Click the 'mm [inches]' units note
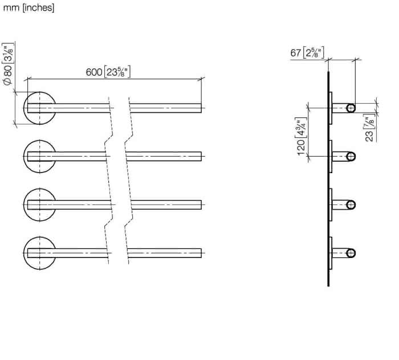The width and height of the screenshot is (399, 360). (x=28, y=8)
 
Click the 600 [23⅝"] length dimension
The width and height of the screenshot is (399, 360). (x=108, y=72)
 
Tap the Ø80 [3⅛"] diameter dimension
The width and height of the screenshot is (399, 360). (x=8, y=64)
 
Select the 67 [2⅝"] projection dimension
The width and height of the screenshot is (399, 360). (x=307, y=53)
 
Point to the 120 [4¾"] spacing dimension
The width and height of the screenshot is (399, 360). (x=301, y=137)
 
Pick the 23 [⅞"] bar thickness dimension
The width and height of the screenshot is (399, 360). (x=370, y=128)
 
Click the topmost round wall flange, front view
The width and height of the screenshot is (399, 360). (x=39, y=108)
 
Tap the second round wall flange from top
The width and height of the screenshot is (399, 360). (x=39, y=156)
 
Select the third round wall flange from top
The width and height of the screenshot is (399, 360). (x=39, y=204)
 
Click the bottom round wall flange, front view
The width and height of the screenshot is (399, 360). (x=39, y=253)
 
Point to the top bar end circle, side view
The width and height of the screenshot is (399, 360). (x=351, y=108)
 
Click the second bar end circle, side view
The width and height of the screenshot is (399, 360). (x=351, y=156)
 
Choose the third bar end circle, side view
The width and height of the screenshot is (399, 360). (x=351, y=204)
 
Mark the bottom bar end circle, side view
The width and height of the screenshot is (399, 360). (x=351, y=253)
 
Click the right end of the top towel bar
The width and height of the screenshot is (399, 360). (x=201, y=108)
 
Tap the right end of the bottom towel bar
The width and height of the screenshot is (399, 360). (x=201, y=253)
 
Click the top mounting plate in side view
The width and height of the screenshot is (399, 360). (x=331, y=108)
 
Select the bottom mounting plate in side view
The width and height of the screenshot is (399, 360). (x=331, y=253)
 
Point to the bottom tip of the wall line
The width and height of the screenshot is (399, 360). (x=328, y=286)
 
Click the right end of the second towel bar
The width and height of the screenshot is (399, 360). (x=201, y=156)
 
